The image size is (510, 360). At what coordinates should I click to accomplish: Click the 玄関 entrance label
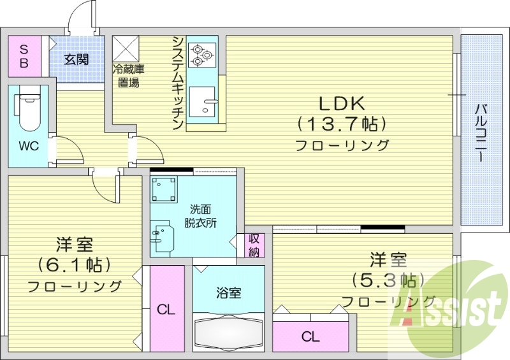tap(76, 60)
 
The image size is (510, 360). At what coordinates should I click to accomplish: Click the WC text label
tap(29, 146)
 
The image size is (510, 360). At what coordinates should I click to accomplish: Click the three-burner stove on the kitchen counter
tap(203, 54)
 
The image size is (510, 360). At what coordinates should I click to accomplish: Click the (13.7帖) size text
tap(341, 123)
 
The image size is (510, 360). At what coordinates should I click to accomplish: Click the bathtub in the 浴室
tap(228, 331)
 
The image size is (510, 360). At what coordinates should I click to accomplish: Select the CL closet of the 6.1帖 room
tap(166, 310)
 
